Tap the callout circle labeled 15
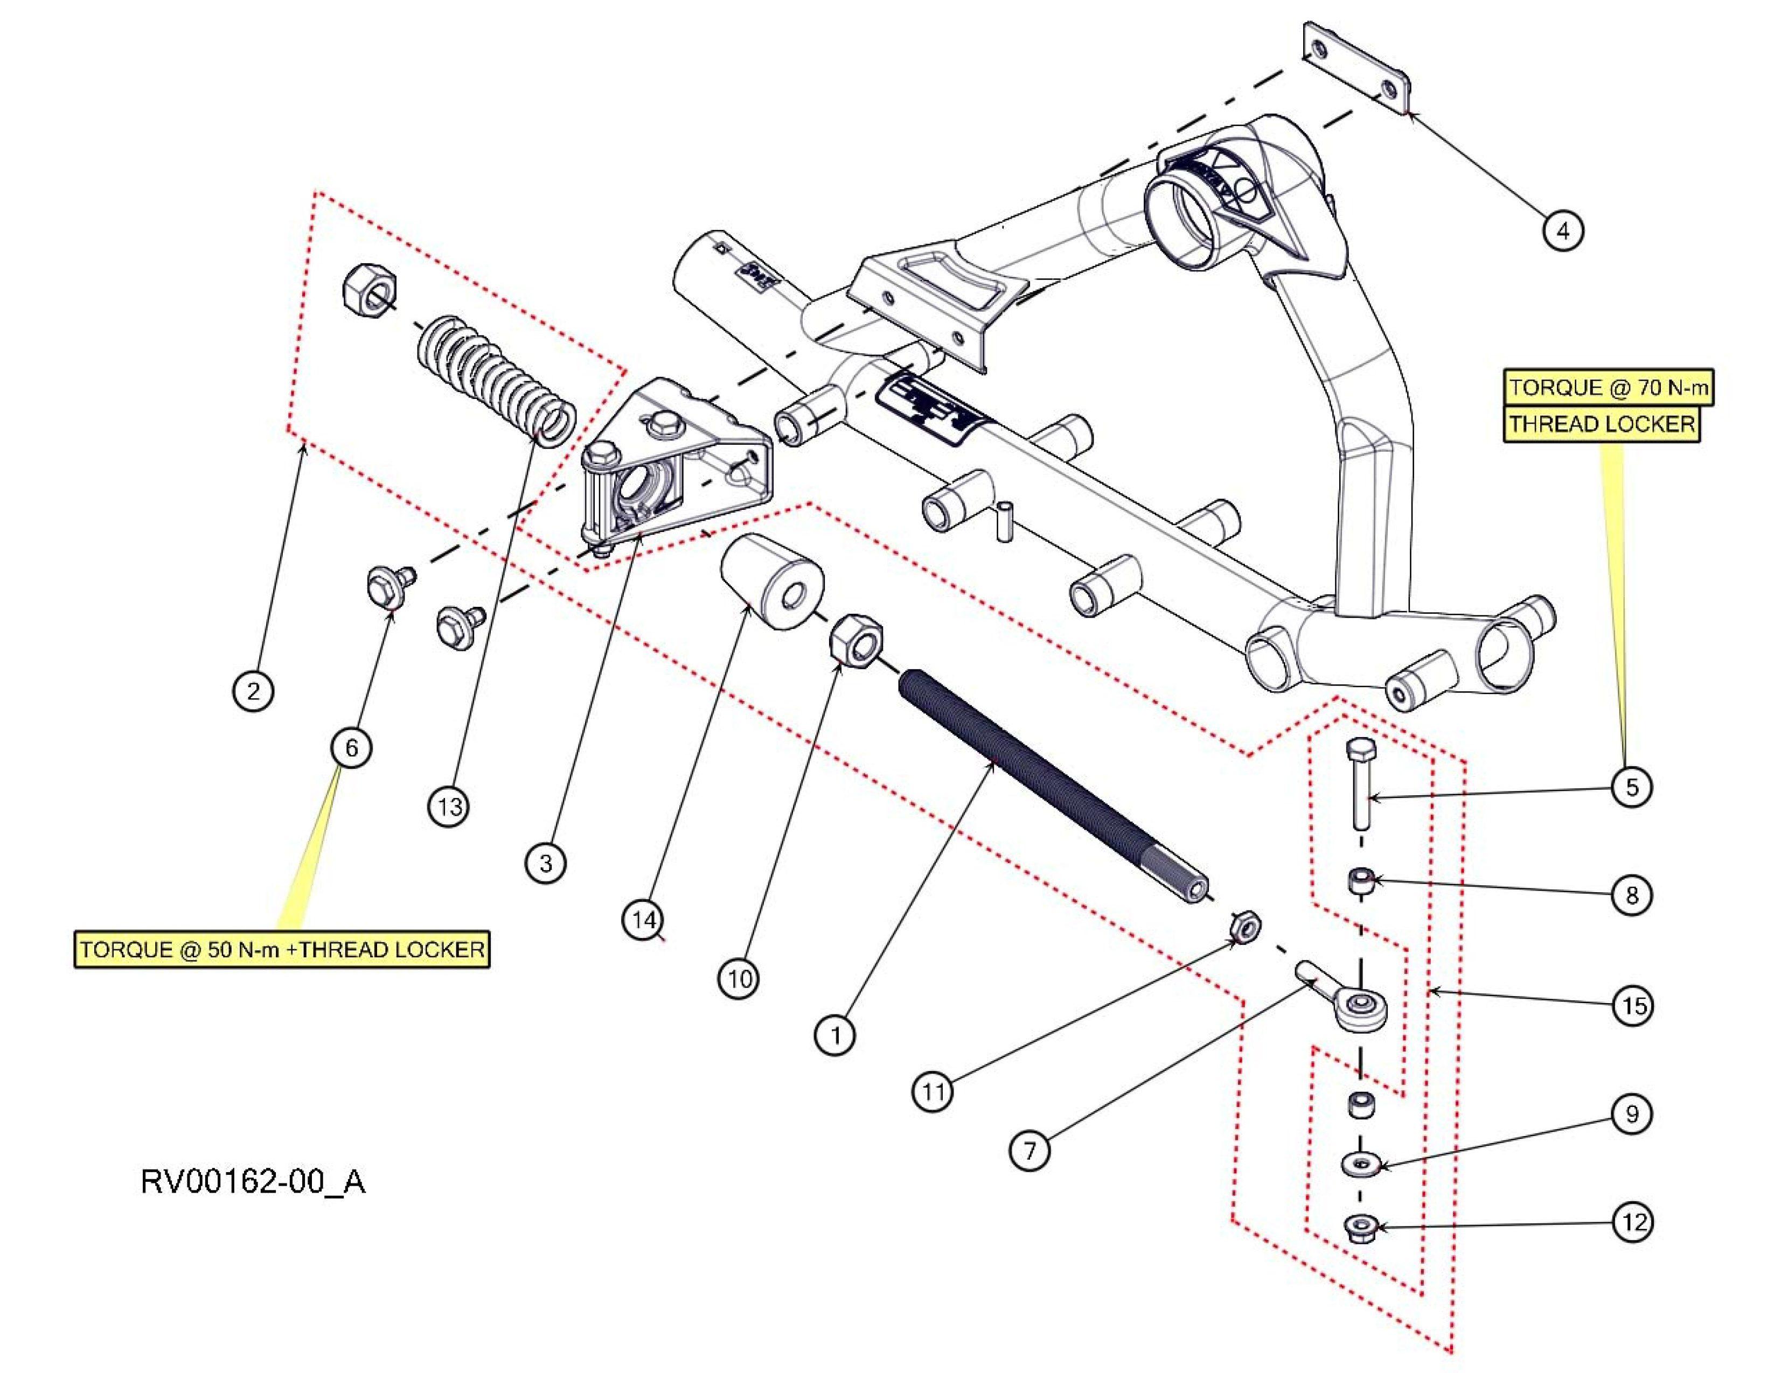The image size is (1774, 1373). (x=1633, y=1007)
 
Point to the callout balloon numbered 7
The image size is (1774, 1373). (x=1030, y=1151)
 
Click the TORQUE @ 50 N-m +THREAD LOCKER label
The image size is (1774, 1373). (x=282, y=949)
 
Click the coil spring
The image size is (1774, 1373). (x=496, y=377)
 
